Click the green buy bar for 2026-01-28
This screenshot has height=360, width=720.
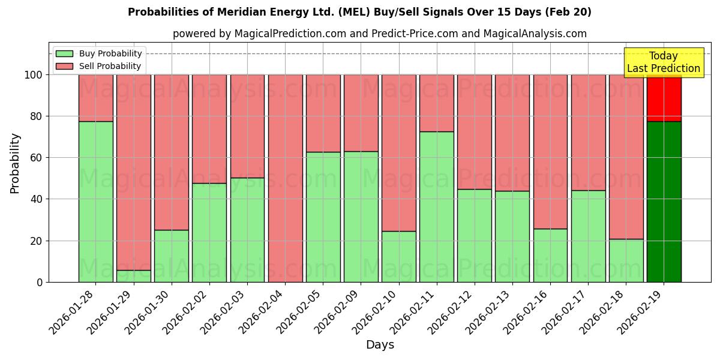[x=95, y=202]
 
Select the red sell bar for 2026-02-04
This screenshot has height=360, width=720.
[x=285, y=178]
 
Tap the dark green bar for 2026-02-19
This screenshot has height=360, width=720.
[x=664, y=202]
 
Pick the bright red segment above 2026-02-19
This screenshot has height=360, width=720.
[x=664, y=98]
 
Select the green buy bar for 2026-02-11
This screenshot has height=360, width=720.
[x=436, y=207]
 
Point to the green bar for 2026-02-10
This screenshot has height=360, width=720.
[x=398, y=256]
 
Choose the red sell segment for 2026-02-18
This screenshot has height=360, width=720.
[x=626, y=157]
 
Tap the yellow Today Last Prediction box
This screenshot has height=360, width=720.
[x=663, y=62]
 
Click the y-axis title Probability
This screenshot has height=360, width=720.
[x=15, y=163]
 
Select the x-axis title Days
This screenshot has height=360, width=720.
[x=380, y=345]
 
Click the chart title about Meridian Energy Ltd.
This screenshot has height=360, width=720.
[x=359, y=12]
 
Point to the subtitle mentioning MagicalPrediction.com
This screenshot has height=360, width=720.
[x=379, y=34]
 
